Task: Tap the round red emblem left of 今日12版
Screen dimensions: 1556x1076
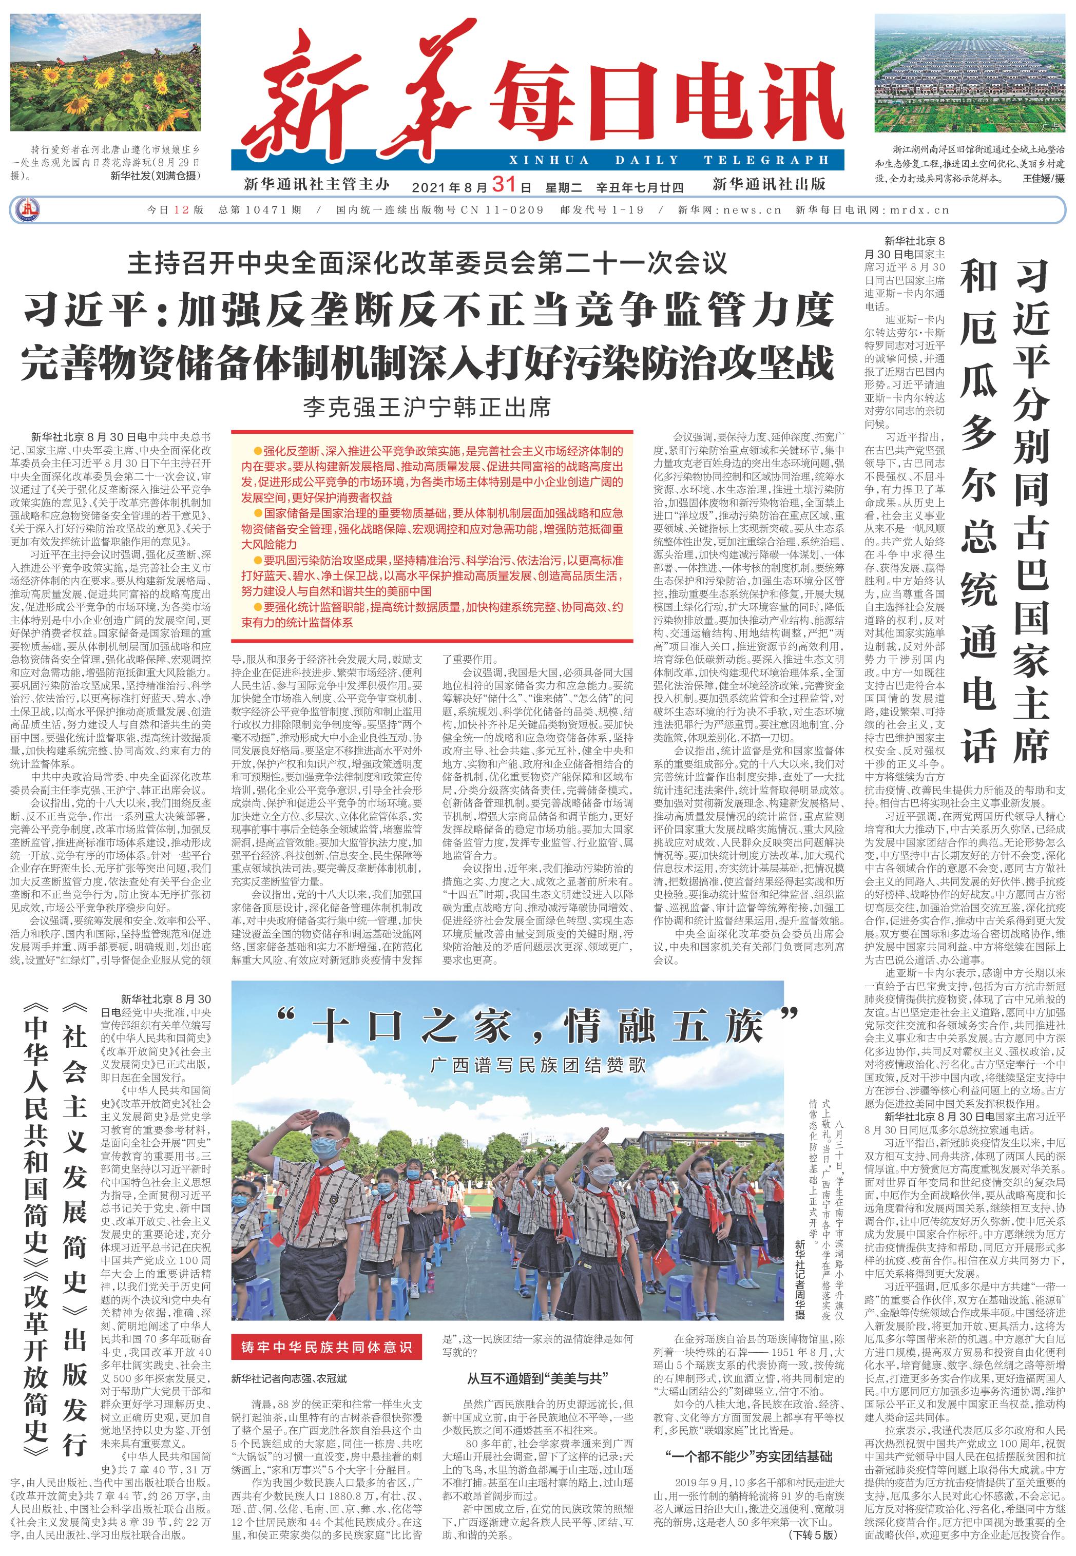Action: (x=27, y=209)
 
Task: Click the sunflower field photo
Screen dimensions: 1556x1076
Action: (x=105, y=73)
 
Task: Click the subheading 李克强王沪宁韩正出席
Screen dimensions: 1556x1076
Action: (x=426, y=407)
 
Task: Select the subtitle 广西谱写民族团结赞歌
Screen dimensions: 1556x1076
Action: (x=537, y=1065)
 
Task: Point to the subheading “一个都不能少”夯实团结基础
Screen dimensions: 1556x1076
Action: (x=748, y=1457)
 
